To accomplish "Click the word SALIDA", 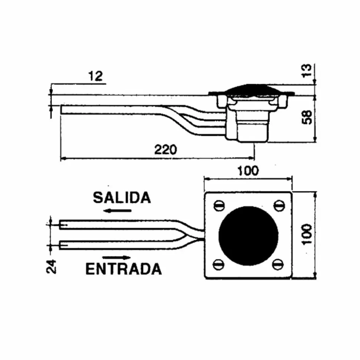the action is coord(122,198).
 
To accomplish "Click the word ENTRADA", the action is coord(124,269).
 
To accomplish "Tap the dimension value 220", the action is coord(166,150).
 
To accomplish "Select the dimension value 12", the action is coord(95,76).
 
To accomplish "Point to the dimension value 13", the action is coord(307,71).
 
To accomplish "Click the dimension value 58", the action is coord(307,117).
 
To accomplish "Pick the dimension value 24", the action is coord(51,266).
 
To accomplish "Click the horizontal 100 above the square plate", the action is coord(248,171).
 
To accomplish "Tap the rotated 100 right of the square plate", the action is coord(307,234).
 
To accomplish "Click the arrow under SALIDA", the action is coord(117,211).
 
